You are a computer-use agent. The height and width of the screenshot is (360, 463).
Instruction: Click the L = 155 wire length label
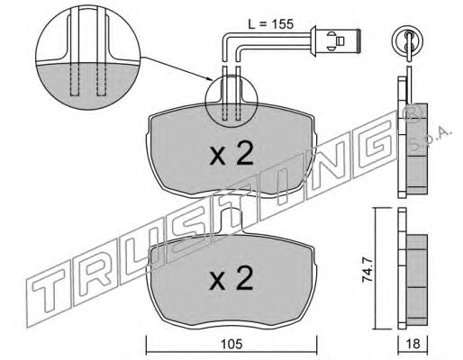(x=270, y=24)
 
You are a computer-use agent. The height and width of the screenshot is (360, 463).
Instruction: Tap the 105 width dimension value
(x=231, y=344)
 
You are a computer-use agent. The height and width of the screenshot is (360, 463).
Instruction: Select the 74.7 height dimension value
(x=368, y=270)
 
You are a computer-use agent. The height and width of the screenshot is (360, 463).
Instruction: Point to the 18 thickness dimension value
(x=413, y=344)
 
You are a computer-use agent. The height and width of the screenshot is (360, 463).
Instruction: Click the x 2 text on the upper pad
(x=231, y=154)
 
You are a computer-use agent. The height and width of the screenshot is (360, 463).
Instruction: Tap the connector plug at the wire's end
(x=335, y=40)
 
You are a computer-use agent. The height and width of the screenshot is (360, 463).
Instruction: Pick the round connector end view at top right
(x=409, y=40)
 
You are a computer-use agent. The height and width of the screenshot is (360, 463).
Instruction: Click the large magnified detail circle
(x=87, y=58)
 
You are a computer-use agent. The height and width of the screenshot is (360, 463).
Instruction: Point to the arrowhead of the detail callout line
(x=210, y=80)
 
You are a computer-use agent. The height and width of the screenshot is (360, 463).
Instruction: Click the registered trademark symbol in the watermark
(x=413, y=114)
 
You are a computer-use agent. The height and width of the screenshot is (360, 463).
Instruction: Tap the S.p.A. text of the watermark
(x=431, y=139)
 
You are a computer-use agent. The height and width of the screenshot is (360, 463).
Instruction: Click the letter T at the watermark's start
(x=48, y=290)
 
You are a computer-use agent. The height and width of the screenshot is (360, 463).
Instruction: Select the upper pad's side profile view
(x=412, y=137)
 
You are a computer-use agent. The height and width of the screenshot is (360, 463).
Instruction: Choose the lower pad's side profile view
(x=412, y=268)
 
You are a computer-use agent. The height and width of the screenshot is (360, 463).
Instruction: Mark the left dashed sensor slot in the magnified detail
(x=75, y=80)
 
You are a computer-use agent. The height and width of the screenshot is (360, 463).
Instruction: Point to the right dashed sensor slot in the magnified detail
(x=101, y=80)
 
